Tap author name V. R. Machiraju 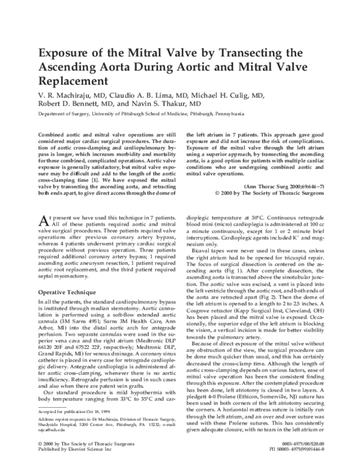tap(67, 95)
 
